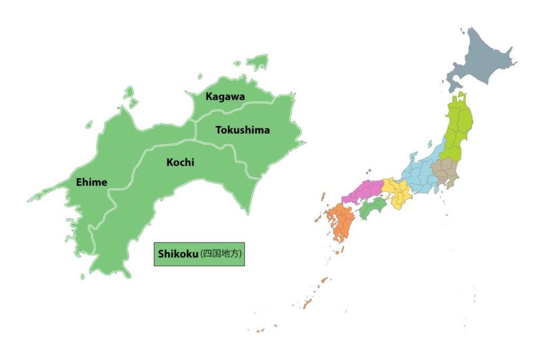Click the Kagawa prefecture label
225,96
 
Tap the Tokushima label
243,130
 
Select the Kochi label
180,162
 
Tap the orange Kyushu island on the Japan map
341,222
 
